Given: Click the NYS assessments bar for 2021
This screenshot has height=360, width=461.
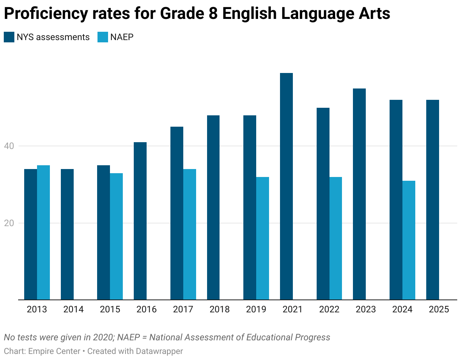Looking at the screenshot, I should pos(286,186).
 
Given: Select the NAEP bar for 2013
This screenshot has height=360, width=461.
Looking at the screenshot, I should pos(43,232).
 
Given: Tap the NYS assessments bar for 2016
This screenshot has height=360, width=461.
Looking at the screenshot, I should pos(140,221).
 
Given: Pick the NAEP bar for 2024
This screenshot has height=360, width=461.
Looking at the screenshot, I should pos(409,240).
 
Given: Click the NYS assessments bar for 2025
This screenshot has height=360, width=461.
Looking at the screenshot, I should pos(433,200).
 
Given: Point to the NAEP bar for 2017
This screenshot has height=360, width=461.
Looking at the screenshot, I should pos(190,234).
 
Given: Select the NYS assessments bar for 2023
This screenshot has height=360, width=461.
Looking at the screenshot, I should pos(359,194).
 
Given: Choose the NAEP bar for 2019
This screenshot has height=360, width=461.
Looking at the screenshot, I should pos(263,238).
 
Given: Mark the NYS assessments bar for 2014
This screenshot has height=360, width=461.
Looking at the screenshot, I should pos(67,234).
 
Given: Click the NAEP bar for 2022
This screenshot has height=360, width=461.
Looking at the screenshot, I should pos(336,238).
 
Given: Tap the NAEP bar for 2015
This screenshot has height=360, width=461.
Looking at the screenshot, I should pos(116,236).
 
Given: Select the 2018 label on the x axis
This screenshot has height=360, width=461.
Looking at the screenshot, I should pos(220,310).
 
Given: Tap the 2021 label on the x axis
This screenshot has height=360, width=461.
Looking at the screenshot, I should pos(292,310).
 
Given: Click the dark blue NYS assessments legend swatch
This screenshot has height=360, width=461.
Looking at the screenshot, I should pos(9,37).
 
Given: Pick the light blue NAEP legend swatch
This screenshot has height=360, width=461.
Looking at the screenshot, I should pos(102,37).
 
